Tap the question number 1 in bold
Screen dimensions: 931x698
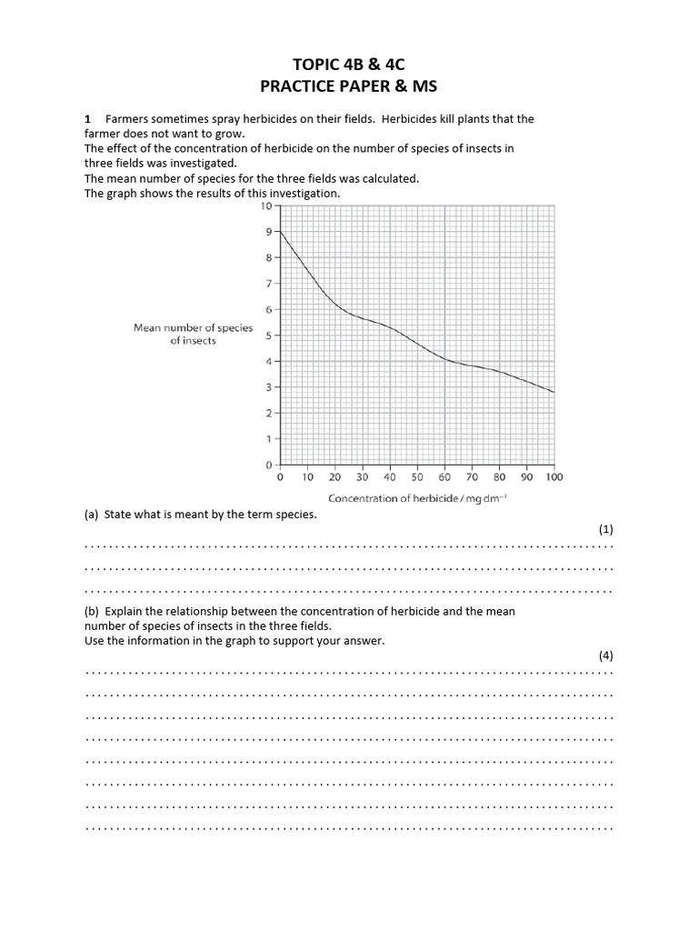point(87,119)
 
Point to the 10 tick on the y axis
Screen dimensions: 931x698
point(265,206)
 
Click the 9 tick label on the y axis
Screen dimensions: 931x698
point(268,232)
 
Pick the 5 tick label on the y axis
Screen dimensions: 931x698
point(268,335)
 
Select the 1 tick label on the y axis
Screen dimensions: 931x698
point(268,439)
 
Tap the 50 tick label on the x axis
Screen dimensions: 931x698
point(417,476)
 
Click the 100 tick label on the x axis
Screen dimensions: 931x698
point(554,476)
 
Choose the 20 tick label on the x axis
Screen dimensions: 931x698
point(334,476)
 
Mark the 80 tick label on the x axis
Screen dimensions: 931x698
point(499,476)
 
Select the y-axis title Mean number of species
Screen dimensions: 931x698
point(193,328)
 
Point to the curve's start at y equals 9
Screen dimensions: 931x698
point(280,233)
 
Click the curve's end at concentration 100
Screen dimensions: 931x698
point(553,392)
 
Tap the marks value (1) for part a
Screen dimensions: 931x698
point(606,529)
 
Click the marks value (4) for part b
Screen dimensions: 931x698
point(606,656)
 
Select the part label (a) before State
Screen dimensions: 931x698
point(91,515)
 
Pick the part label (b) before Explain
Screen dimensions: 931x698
point(91,611)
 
